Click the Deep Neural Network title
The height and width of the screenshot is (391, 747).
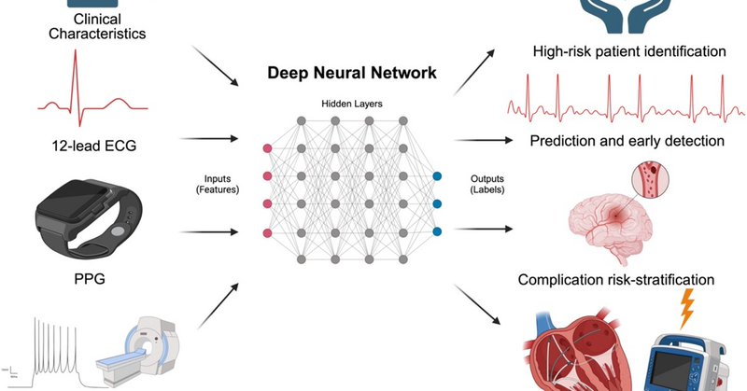(352, 73)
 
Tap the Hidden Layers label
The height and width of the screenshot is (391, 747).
(352, 104)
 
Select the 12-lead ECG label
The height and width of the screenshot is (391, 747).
(94, 146)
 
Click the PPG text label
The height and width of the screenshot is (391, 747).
(90, 279)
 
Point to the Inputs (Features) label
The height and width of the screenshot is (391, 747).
(218, 185)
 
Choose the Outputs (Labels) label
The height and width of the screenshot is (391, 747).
(486, 185)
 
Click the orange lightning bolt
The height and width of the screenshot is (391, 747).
(686, 308)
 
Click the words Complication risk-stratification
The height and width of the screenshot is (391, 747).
(616, 280)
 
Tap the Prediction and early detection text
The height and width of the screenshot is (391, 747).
(627, 141)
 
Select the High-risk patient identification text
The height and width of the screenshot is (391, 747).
(629, 51)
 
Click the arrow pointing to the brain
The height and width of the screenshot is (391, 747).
(484, 229)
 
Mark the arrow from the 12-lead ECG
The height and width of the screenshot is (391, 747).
(209, 139)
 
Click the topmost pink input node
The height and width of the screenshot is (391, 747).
(267, 148)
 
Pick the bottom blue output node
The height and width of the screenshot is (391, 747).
(437, 232)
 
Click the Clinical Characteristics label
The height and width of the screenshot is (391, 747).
(97, 26)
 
